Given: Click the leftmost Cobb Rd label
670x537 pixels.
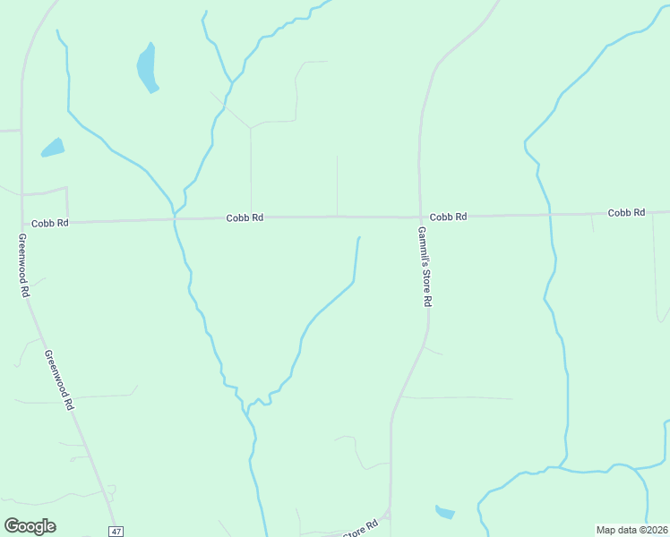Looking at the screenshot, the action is pyautogui.click(x=49, y=223).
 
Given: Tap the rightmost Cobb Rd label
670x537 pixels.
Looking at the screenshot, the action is pyautogui.click(x=626, y=213).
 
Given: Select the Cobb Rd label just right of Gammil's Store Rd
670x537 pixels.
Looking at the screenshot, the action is pyautogui.click(x=448, y=217).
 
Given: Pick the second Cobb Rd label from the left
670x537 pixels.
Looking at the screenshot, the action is pyautogui.click(x=245, y=217).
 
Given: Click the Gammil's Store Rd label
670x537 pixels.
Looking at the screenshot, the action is pyautogui.click(x=425, y=267).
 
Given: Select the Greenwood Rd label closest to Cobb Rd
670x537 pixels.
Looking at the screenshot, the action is pyautogui.click(x=23, y=266).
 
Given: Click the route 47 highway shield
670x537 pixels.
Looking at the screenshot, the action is pyautogui.click(x=116, y=531).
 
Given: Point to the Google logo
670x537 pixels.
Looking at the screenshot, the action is pyautogui.click(x=30, y=526).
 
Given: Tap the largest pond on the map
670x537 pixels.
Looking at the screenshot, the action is pyautogui.click(x=147, y=68).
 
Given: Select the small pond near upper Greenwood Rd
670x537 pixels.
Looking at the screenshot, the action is pyautogui.click(x=53, y=148).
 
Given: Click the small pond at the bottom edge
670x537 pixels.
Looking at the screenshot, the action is pyautogui.click(x=444, y=512).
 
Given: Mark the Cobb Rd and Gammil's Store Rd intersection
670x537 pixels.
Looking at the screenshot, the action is pyautogui.click(x=420, y=217).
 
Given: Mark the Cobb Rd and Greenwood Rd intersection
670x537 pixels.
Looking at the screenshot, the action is pyautogui.click(x=23, y=223).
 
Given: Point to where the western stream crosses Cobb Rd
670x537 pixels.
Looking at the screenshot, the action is pyautogui.click(x=175, y=218).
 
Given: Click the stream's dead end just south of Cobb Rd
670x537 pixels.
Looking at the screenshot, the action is pyautogui.click(x=359, y=238).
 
